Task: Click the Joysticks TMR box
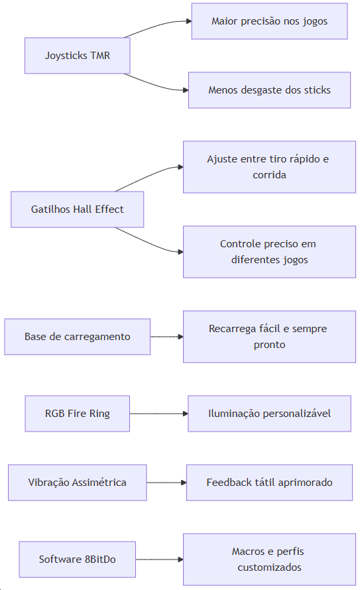[x=78, y=55]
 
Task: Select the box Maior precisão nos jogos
[x=269, y=21]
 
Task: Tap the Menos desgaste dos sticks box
[x=269, y=90]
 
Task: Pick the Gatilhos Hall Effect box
[x=78, y=209]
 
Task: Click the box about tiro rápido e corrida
[x=269, y=167]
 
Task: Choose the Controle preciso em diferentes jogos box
[x=269, y=252]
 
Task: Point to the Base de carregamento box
[x=78, y=336]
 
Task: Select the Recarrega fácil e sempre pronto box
[x=269, y=336]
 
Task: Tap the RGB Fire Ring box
[x=78, y=414]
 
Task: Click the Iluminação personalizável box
[x=269, y=414]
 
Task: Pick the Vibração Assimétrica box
[x=78, y=483]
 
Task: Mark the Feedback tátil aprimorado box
[x=269, y=483]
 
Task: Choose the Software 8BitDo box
[x=78, y=559]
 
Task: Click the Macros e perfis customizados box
[x=269, y=559]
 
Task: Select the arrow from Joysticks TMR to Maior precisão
[x=158, y=26]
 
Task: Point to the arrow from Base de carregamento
[x=166, y=336]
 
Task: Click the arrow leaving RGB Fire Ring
[x=158, y=414]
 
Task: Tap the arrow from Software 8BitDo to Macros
[x=160, y=559]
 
